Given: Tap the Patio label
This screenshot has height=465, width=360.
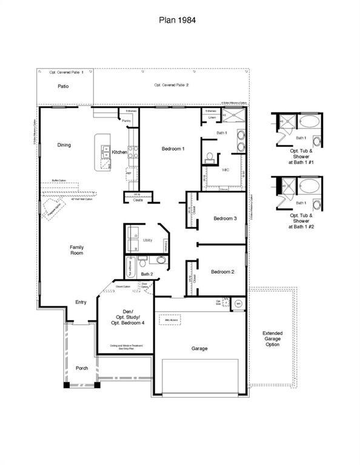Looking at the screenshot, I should [63, 87].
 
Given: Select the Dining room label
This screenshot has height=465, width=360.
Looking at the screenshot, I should [64, 145].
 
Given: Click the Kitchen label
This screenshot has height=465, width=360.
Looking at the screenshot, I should [119, 152].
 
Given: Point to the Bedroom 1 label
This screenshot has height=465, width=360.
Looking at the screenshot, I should [173, 148].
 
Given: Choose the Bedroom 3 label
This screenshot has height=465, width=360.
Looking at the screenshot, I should [225, 219].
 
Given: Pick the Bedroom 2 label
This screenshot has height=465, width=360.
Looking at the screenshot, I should [222, 272].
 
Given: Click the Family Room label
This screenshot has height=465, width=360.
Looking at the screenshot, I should [76, 249].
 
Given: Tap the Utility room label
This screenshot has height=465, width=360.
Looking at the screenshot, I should [148, 240].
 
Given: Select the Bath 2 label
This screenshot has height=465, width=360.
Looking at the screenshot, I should [147, 274].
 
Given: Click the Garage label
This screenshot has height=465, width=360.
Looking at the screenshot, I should [199, 348].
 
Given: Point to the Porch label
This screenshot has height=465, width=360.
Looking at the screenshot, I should [81, 368].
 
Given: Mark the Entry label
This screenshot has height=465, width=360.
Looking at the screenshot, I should [81, 302].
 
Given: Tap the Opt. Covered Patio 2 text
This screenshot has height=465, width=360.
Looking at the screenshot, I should [171, 85].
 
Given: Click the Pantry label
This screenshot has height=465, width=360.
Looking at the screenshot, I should [126, 120].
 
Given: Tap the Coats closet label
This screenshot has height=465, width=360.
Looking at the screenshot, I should [138, 200].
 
